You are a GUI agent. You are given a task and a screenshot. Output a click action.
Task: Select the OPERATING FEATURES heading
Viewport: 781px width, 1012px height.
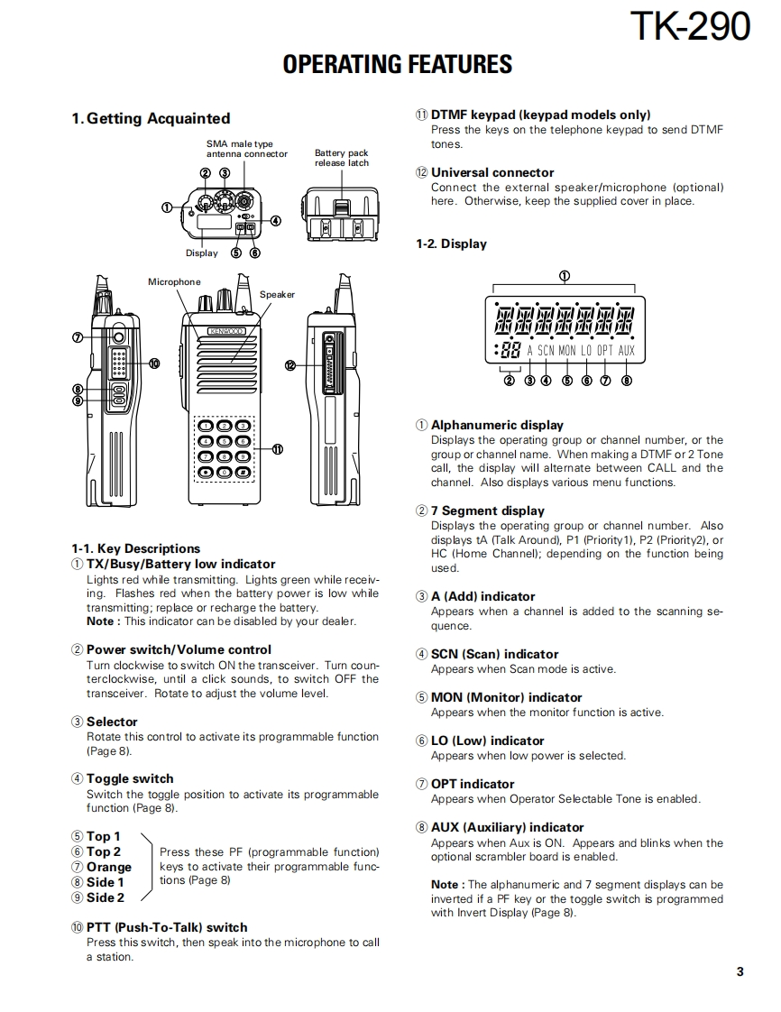tap(397, 65)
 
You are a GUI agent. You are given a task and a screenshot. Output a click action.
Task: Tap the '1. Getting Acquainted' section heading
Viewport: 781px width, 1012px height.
tap(151, 118)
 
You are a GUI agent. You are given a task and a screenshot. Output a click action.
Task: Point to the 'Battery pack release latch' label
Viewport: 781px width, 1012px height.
tap(341, 158)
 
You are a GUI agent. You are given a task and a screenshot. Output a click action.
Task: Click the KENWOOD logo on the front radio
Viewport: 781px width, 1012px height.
tap(226, 331)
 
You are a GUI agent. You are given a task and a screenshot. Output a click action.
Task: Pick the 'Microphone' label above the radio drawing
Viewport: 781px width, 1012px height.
tap(174, 282)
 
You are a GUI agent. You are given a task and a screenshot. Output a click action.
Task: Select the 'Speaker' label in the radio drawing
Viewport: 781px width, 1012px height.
tap(277, 295)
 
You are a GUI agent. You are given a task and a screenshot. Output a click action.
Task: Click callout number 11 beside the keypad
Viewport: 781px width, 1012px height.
tap(278, 449)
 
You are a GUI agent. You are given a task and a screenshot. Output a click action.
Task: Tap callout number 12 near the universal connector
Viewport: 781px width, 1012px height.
tap(289, 365)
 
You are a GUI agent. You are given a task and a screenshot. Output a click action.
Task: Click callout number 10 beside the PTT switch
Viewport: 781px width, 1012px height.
tap(153, 363)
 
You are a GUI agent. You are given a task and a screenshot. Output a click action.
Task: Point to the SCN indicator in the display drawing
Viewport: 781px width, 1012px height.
tap(546, 350)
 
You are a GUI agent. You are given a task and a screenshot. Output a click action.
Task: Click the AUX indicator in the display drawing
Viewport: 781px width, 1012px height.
tap(627, 350)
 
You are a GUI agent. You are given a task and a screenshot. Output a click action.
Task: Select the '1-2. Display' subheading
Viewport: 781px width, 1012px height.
tap(451, 244)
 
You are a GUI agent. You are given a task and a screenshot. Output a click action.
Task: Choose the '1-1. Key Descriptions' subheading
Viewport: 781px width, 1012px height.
tap(135, 548)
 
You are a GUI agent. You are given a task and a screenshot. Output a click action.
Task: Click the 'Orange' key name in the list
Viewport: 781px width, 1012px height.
tap(109, 867)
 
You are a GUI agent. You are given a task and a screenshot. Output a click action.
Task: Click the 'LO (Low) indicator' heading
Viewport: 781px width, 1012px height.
tap(487, 741)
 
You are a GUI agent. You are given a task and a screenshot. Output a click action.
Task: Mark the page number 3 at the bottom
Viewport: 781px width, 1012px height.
tap(740, 971)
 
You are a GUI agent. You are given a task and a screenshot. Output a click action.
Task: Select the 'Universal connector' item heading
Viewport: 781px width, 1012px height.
tap(492, 172)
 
